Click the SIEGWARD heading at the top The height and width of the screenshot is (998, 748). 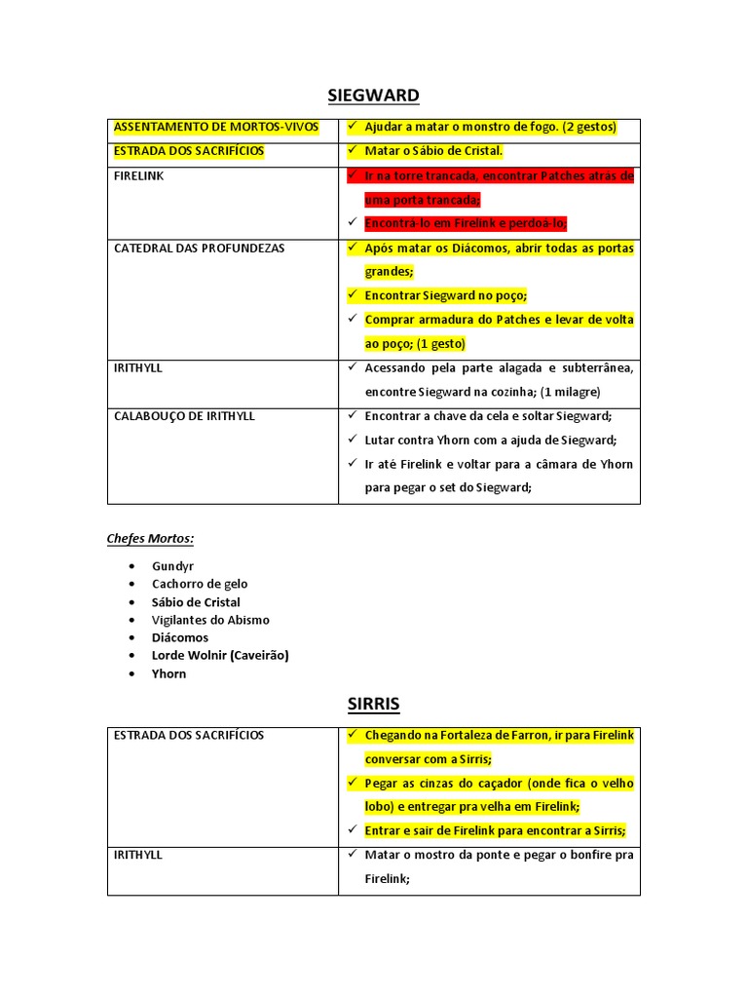point(373,95)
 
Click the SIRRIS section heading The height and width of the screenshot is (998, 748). point(374,704)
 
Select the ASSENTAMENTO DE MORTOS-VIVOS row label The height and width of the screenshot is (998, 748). point(216,127)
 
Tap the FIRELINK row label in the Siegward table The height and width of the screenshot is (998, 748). point(139,176)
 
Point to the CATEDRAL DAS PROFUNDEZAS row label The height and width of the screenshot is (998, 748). point(200,249)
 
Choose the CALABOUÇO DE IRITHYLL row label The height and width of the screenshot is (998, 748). point(184,416)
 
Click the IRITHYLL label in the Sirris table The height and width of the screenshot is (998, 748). point(138,855)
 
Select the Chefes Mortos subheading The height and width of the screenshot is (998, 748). point(150,538)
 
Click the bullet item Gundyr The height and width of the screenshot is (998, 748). point(172,566)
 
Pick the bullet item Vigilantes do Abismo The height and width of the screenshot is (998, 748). point(210,620)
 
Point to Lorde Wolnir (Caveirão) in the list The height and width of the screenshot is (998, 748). point(220,655)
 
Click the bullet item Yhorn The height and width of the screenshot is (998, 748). point(168,673)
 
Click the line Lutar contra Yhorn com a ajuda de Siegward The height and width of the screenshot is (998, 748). point(491,440)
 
